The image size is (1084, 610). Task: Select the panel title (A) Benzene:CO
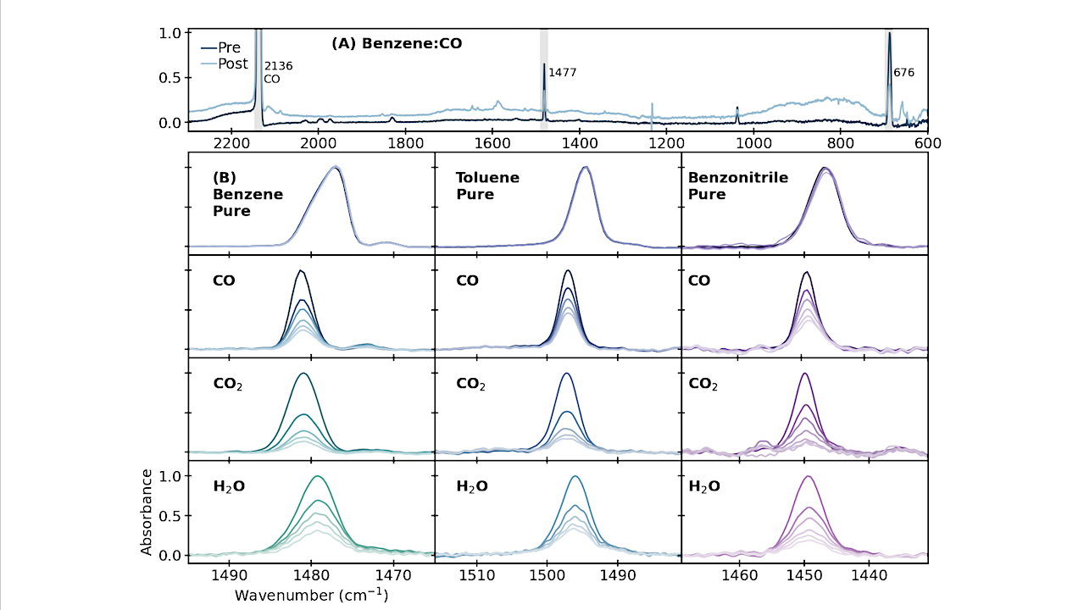(x=397, y=42)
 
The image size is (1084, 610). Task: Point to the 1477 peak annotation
(x=563, y=73)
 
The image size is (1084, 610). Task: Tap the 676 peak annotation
(x=903, y=73)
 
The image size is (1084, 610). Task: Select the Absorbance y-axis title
(x=147, y=512)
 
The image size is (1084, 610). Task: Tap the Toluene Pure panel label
(x=487, y=186)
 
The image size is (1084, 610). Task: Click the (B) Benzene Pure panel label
(x=247, y=195)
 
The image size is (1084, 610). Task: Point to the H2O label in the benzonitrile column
(x=703, y=486)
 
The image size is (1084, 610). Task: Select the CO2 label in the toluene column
(x=471, y=384)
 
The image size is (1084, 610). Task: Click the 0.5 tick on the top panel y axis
(x=170, y=77)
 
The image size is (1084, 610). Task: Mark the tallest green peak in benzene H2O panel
(x=318, y=476)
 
